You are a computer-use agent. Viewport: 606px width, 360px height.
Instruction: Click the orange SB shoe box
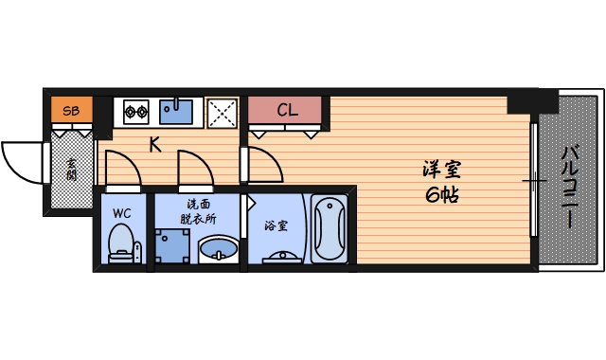click(x=71, y=111)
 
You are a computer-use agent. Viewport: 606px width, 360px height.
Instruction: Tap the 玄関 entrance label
click(x=71, y=171)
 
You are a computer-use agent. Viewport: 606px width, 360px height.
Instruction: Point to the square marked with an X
click(x=223, y=112)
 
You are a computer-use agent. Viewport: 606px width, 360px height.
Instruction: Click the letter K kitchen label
click(x=154, y=145)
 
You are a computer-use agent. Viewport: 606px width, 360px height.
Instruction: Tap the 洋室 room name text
click(x=442, y=171)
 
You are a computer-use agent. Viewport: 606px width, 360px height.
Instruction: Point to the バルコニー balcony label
click(x=570, y=186)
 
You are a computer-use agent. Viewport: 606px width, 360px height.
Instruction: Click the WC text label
click(x=122, y=212)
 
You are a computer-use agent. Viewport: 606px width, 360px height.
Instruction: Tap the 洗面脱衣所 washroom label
click(x=199, y=210)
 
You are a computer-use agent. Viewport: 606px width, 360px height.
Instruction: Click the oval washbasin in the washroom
click(x=219, y=251)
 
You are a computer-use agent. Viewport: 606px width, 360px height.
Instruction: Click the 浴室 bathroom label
click(x=276, y=226)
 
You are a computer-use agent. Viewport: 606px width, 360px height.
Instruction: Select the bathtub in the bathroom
click(x=330, y=227)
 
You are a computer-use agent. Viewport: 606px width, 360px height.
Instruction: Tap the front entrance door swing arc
click(x=25, y=161)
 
